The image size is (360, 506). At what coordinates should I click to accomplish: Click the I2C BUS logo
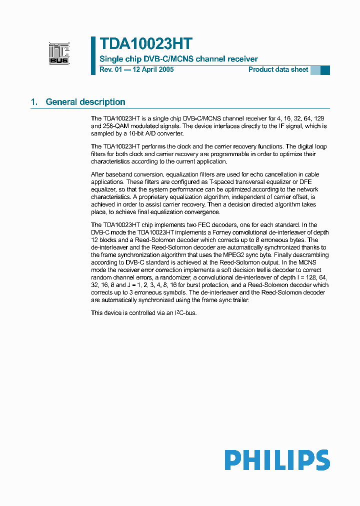coord(59,53)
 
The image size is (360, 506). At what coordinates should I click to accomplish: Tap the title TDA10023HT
coord(146,43)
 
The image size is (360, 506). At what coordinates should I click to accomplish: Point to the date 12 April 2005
coord(152,69)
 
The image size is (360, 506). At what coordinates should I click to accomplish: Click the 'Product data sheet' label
coord(278,69)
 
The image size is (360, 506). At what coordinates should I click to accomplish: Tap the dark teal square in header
coord(325,70)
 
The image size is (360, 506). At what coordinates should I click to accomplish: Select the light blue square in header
coord(315,70)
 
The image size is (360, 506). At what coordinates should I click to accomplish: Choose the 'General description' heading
coord(85,102)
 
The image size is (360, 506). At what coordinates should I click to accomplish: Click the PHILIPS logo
coord(276,460)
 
